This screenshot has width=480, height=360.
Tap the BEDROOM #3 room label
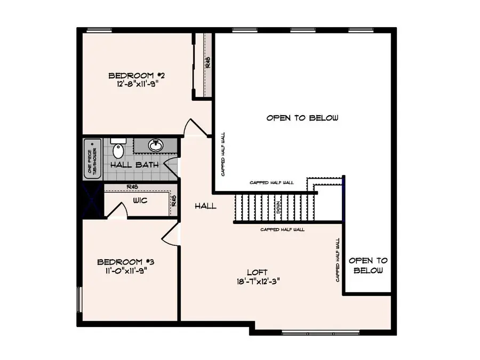coord(126,262)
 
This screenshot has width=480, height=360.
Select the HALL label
coord(205,205)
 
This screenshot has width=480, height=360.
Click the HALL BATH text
coord(134,164)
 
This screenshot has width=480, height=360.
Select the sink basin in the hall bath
coord(156,145)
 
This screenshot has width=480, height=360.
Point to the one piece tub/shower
coord(92,158)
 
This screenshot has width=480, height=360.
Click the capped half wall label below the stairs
coord(282,229)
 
